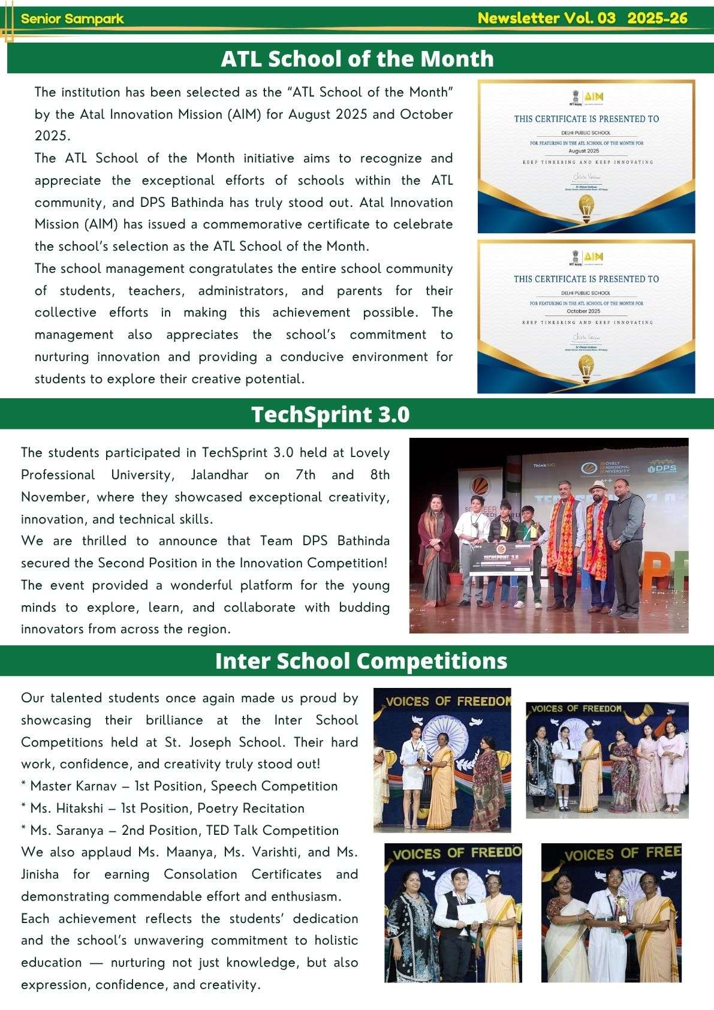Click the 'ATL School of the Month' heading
(x=357, y=59)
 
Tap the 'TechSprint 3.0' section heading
(x=330, y=414)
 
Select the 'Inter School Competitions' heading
(x=361, y=660)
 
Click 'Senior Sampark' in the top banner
(x=72, y=19)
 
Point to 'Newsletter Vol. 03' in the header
(x=546, y=18)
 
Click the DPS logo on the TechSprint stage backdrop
(x=664, y=468)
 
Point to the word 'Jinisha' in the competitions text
(x=40, y=874)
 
